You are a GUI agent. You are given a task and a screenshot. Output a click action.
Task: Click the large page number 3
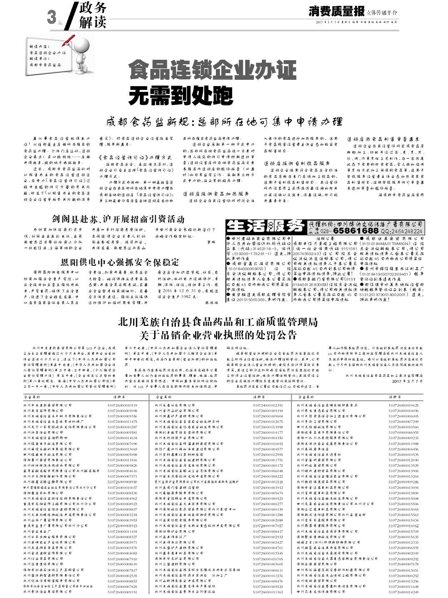[x=52, y=17]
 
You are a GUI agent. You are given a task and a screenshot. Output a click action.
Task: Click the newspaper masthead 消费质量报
[x=337, y=11]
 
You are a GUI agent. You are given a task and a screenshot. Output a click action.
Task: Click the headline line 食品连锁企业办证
[x=213, y=70]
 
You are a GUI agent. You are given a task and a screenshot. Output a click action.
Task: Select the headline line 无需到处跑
[x=180, y=96]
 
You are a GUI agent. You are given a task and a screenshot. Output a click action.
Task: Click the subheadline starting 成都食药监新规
[x=224, y=122]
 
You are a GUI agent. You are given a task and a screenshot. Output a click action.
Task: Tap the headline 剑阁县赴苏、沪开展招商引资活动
[x=118, y=219]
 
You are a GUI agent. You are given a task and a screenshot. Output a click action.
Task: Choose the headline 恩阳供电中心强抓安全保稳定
[x=119, y=262]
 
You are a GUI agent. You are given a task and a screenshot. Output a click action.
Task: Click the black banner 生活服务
[x=265, y=226]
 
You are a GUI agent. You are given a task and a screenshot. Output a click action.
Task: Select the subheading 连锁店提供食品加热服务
[x=217, y=193]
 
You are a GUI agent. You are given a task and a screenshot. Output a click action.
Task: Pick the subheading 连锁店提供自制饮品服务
[x=297, y=163]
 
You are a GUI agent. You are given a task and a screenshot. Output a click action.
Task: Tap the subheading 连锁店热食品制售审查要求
[x=383, y=139]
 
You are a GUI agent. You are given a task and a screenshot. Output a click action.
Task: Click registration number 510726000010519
[x=122, y=405]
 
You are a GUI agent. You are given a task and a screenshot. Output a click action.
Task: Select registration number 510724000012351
[x=268, y=405]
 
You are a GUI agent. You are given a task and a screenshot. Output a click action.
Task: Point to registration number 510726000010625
[x=403, y=405]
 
